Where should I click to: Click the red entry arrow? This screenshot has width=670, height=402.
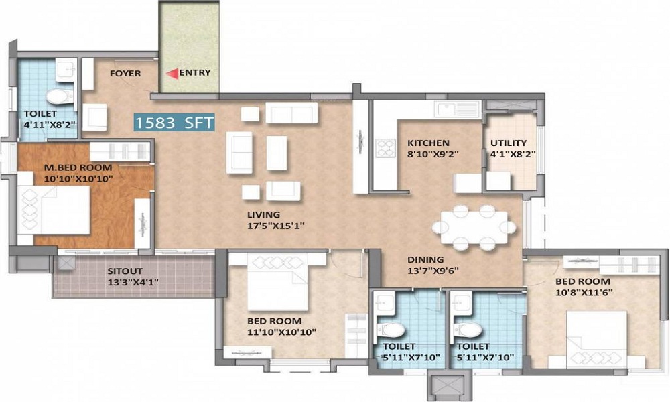pos(172,74)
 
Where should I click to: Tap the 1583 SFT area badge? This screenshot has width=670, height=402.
pos(174,123)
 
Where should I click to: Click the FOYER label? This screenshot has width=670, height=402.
pos(125,74)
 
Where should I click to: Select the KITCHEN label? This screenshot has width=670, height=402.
pos(428,143)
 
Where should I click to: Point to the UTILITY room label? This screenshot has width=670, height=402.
pos(509,143)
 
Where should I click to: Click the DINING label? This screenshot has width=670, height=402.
pos(425,259)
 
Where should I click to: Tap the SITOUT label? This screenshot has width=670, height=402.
pos(125,271)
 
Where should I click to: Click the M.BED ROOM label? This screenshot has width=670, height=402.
pos(78,167)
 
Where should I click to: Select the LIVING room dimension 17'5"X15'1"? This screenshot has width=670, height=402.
pos(275,226)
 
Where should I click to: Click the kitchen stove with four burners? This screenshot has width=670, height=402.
pos(385,148)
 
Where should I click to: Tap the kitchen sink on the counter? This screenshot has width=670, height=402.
pos(457,109)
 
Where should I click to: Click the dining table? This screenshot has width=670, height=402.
pos(474,227)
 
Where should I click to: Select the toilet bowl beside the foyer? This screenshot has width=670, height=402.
pos(60,96)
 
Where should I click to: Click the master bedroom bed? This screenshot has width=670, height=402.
pos(54,209)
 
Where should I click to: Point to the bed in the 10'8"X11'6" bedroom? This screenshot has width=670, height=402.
pos(596,340)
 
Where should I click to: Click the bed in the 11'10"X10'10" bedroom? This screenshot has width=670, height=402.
pos(278,282)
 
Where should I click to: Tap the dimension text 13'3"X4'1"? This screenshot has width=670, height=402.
pos(133,282)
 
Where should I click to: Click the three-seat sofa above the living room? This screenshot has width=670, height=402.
pos(292,113)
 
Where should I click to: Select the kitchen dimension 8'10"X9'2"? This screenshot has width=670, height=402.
pos(433,154)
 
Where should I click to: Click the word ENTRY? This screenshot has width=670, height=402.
pos(195,72)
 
